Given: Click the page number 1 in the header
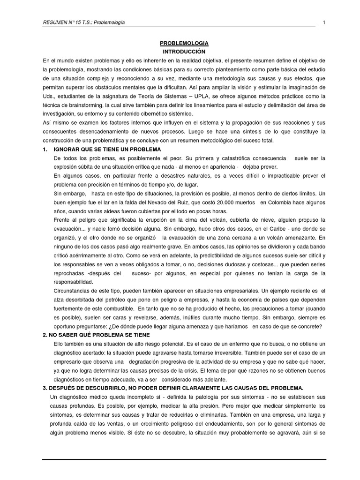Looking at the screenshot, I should (x=324, y=22).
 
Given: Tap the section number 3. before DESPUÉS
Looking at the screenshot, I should (x=45, y=388).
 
